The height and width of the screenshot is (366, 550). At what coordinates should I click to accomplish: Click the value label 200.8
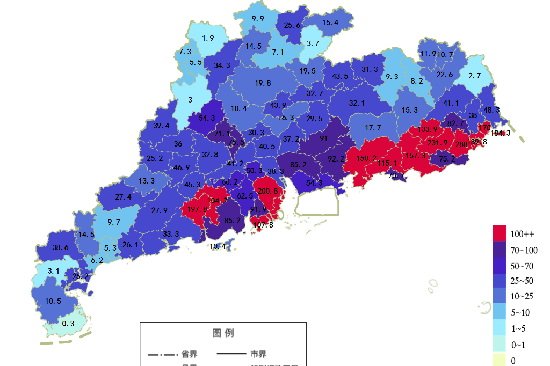coord(267,191)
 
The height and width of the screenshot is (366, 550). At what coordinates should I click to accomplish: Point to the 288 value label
coord(461,144)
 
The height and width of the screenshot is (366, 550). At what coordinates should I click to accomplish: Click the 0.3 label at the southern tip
coord(68,324)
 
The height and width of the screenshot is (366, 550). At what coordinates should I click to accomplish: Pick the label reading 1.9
coord(208,38)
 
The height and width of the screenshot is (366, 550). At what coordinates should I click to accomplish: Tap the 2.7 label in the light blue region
coord(474,76)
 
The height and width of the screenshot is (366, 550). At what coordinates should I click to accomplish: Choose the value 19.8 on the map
coord(263,83)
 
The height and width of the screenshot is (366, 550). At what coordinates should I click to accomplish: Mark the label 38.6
coord(60,247)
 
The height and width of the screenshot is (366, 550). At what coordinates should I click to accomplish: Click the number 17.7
coord(373,128)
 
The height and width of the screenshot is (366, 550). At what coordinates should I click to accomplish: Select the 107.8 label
coord(263,225)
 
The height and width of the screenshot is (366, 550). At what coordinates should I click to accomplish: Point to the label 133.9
coord(428,129)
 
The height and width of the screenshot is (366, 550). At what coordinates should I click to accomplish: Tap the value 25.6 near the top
coord(292,25)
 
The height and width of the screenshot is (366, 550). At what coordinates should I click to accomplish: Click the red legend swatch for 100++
coord(500,234)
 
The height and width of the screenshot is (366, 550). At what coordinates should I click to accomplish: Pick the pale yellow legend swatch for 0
coord(500,360)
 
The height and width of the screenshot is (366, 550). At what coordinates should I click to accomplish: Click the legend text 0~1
coord(518,345)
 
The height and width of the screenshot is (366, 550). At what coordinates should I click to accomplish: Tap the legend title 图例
coord(223,333)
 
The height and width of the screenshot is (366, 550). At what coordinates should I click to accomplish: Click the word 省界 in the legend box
coord(189,354)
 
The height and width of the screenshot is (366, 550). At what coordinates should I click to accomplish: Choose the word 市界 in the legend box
coord(258,354)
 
